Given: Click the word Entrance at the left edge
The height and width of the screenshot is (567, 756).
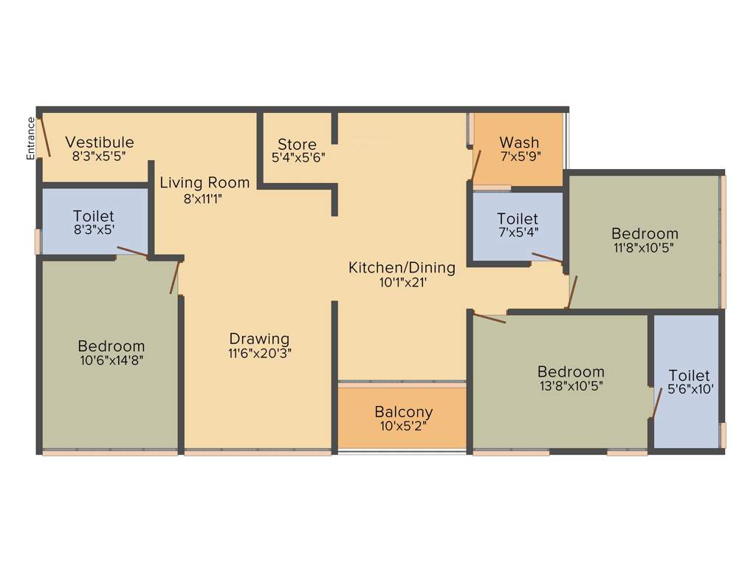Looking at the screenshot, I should [31, 138].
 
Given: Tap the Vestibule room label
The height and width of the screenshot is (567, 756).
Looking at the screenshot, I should [100, 142].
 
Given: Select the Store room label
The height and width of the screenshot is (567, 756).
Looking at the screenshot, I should [297, 144].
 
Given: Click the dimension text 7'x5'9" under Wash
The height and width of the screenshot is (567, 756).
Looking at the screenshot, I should [520, 157].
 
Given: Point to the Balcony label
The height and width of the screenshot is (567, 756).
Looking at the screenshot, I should [403, 412].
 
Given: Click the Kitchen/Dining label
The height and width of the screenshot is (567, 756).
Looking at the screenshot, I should [402, 267].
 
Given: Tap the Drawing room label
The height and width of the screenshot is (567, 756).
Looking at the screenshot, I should [259, 340].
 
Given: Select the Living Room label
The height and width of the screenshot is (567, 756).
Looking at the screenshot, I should [205, 182].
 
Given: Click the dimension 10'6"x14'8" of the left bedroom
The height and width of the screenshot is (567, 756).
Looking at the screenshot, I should [111, 360].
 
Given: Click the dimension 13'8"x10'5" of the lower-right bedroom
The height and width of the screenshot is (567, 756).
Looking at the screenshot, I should [571, 385].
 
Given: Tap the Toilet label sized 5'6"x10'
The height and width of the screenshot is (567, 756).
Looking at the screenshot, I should [689, 375].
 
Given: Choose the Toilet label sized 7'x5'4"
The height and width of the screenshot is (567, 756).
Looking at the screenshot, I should [518, 219].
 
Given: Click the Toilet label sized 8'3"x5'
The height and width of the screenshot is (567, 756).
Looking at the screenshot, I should [94, 216].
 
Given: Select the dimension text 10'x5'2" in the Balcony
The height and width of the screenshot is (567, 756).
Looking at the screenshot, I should [403, 426].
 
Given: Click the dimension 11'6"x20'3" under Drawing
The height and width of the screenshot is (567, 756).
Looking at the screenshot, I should [259, 353].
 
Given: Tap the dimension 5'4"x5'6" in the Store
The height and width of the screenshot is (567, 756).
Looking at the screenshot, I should [298, 157].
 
